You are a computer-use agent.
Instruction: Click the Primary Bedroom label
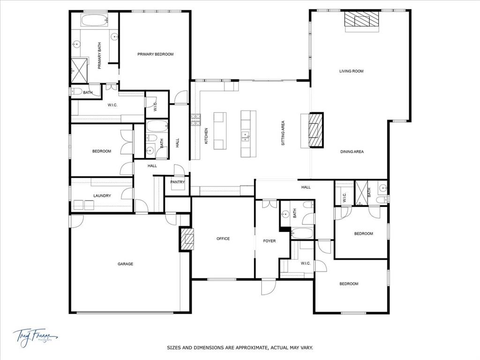(155, 54)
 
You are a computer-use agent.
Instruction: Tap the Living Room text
(352, 71)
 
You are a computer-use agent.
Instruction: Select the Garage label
(125, 264)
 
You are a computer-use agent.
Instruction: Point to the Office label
(223, 239)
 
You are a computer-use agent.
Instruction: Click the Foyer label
(269, 241)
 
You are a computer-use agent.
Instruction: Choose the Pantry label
(178, 182)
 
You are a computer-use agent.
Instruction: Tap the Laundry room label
(102, 195)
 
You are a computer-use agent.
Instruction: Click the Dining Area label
(352, 151)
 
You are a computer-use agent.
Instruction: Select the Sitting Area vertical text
(283, 134)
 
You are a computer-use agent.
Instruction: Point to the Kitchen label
(206, 135)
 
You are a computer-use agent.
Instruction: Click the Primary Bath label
(99, 56)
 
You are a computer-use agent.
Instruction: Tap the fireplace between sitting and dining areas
(316, 130)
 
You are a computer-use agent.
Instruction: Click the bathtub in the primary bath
(95, 20)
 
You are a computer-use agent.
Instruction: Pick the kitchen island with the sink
(248, 134)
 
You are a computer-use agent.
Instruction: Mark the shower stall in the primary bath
(79, 70)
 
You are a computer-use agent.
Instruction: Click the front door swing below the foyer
(269, 286)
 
